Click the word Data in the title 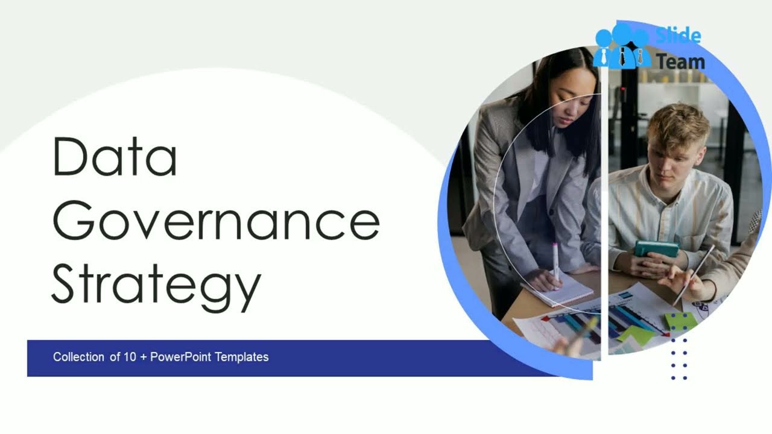click(115, 156)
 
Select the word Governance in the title click(216, 222)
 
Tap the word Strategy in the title click(156, 286)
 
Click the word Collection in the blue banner click(78, 357)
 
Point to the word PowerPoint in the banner click(180, 357)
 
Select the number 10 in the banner click(130, 357)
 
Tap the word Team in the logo click(680, 61)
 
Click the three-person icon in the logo click(622, 46)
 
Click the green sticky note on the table click(680, 321)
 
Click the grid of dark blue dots click(679, 358)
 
